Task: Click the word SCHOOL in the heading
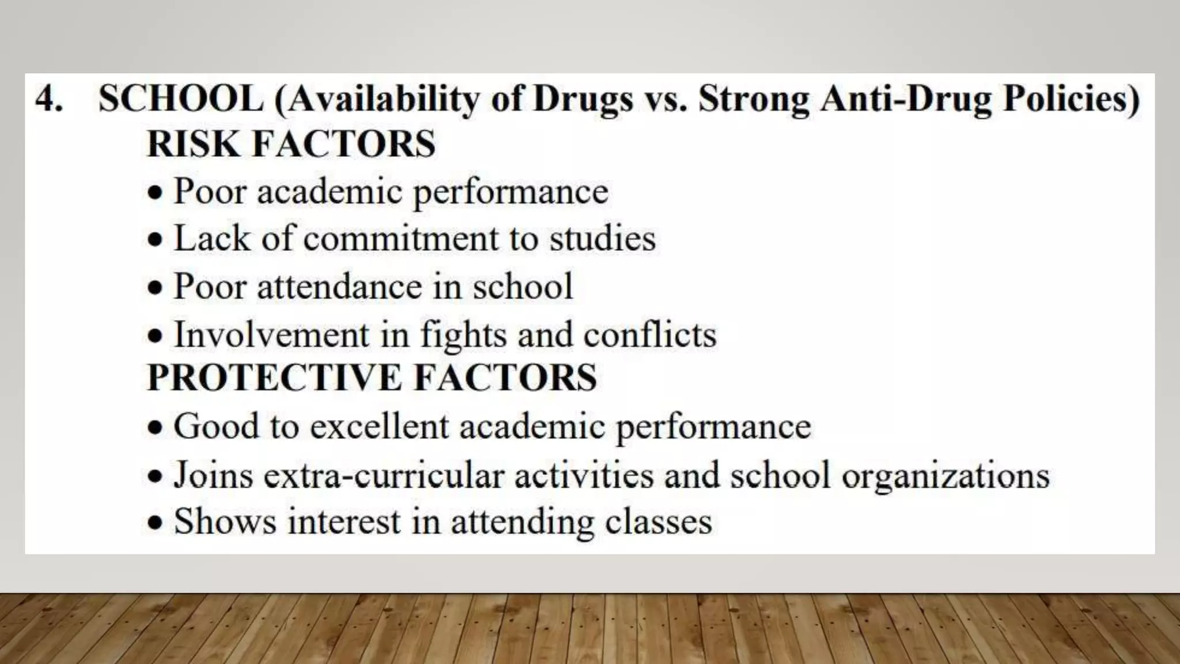(181, 99)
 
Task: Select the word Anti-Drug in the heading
(906, 99)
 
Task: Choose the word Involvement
(271, 334)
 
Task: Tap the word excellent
(379, 427)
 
